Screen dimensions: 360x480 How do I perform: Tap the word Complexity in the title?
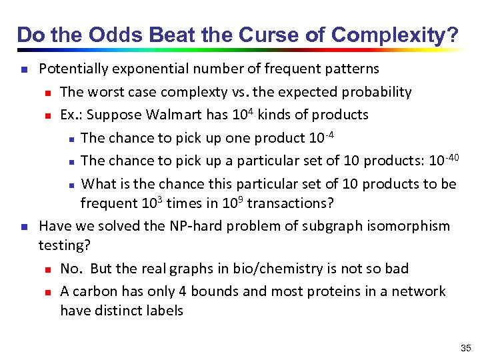(x=394, y=35)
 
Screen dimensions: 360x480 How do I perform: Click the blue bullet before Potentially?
(x=23, y=69)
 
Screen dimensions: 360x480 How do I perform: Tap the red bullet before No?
(x=47, y=269)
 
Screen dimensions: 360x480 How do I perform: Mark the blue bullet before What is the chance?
(x=71, y=184)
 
